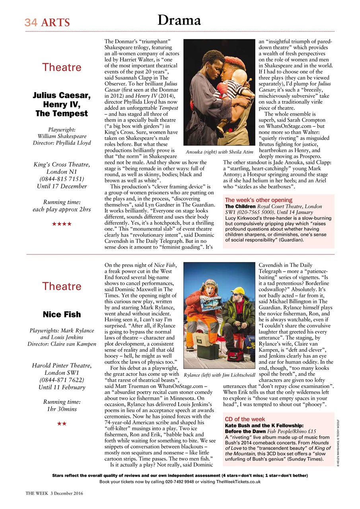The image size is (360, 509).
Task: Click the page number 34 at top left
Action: click(31, 23)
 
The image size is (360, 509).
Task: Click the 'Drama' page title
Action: click(179, 19)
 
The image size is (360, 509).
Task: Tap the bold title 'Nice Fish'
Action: click(62, 315)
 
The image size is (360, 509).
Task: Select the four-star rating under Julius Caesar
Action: click(62, 224)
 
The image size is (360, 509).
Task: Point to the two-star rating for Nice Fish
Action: click(62, 424)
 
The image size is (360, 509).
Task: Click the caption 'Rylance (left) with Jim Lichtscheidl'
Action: click(219, 375)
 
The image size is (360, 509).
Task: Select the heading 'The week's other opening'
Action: click(259, 200)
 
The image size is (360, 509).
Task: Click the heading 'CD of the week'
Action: click(245, 419)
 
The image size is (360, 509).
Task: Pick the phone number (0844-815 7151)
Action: click(62, 179)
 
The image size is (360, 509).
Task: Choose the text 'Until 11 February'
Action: click(62, 387)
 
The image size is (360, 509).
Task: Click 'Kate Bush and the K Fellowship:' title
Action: click(264, 425)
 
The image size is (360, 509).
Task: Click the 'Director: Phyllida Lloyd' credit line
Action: click(62, 143)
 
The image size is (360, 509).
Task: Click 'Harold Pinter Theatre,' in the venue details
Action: click(62, 366)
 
